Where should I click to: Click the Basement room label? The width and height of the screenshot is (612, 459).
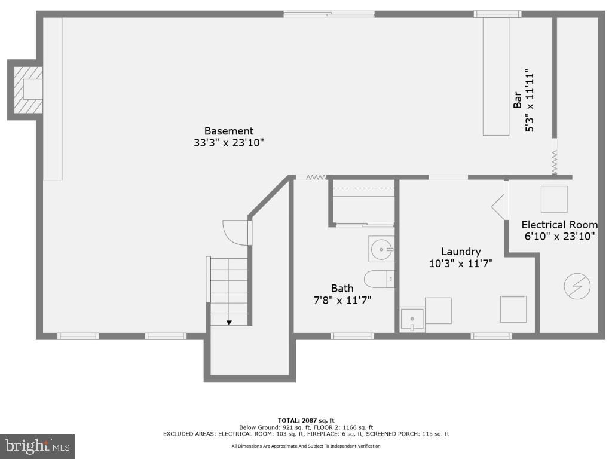[229, 131]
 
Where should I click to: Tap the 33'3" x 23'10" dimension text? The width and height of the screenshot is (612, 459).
[229, 143]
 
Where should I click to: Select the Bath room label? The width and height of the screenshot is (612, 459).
[342, 289]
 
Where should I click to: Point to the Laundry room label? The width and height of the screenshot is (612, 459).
[461, 252]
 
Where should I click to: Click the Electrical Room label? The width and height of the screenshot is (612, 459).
[559, 225]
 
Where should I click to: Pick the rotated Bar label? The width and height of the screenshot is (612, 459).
[518, 100]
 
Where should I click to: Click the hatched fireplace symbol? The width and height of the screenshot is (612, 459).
[29, 90]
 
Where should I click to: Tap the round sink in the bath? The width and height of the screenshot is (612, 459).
[381, 248]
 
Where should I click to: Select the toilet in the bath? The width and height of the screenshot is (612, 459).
[379, 279]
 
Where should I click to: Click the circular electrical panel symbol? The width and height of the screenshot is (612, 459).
[577, 287]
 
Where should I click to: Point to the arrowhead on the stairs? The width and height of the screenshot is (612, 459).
[229, 323]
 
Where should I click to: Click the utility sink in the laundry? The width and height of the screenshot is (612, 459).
[412, 320]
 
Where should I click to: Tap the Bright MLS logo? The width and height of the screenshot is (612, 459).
[37, 446]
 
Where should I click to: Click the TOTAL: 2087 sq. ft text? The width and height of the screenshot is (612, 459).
[305, 420]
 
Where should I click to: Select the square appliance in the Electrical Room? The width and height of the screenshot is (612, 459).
[554, 199]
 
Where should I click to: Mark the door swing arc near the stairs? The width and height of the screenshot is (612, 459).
[234, 233]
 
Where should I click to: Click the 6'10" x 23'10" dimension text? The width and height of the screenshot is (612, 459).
[559, 236]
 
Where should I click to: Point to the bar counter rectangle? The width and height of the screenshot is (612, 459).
[496, 76]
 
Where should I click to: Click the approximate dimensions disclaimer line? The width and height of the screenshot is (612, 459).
[305, 446]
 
